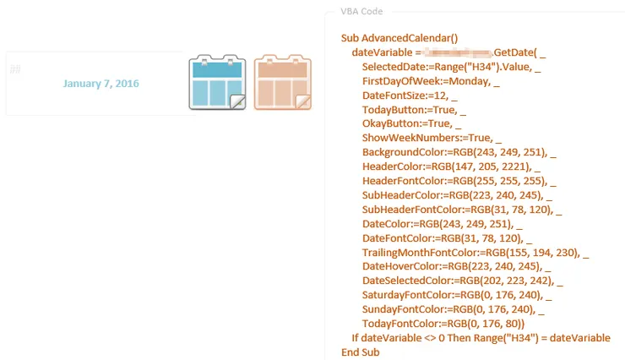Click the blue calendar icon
217,83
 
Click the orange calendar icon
283,83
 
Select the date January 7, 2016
101,84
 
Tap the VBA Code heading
361,12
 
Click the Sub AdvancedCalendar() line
399,38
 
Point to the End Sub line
361,352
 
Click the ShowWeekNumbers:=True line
428,139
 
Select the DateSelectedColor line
459,281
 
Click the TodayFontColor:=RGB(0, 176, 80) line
443,324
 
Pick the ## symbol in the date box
15,68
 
